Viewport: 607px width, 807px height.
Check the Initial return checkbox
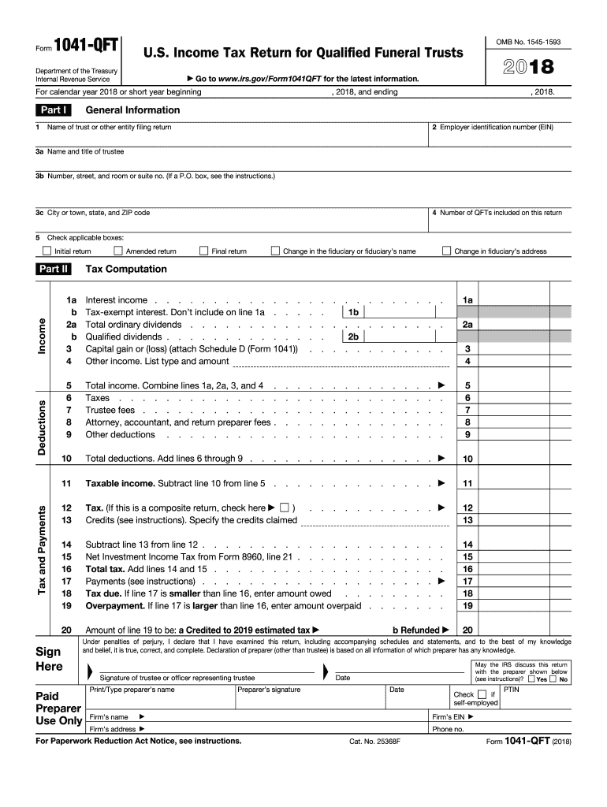[47, 251]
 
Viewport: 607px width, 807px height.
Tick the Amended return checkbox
[118, 251]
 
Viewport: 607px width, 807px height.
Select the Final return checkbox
[203, 251]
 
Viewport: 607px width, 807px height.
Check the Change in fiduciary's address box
[446, 251]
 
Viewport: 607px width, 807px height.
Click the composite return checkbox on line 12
[285, 508]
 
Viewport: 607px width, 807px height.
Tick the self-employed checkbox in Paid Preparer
[482, 694]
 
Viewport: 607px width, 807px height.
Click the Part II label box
[54, 269]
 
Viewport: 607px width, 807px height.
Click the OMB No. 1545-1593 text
[528, 41]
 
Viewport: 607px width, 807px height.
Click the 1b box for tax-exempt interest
[354, 312]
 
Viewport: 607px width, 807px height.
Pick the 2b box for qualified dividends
[354, 337]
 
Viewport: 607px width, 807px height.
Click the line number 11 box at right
[467, 483]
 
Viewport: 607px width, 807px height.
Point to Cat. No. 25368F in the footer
[375, 742]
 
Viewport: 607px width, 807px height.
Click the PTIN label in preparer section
[512, 689]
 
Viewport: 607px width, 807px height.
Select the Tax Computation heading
[126, 269]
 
